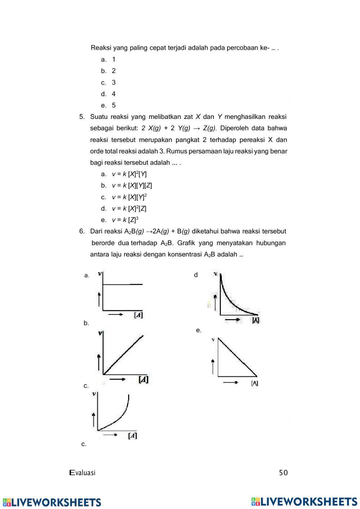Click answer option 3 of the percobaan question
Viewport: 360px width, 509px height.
(x=113, y=82)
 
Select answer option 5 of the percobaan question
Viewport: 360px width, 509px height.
(x=113, y=106)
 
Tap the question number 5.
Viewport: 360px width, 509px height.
(x=82, y=117)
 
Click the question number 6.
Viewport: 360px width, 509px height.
(x=82, y=231)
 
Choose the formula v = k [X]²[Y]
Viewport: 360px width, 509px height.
(x=129, y=174)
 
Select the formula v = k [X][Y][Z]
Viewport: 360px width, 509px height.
(x=132, y=186)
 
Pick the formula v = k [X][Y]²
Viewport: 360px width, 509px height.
(x=129, y=197)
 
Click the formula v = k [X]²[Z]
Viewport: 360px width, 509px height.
(x=129, y=209)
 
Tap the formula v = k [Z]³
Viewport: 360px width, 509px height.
(x=125, y=220)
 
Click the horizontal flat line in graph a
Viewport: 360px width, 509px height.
(x=122, y=285)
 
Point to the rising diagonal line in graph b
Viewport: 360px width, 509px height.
(x=123, y=355)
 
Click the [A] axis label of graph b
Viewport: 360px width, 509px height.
(x=143, y=379)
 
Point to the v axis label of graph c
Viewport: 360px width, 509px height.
(x=94, y=394)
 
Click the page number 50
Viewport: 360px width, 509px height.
(x=283, y=473)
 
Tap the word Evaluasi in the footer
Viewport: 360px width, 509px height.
(x=82, y=473)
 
